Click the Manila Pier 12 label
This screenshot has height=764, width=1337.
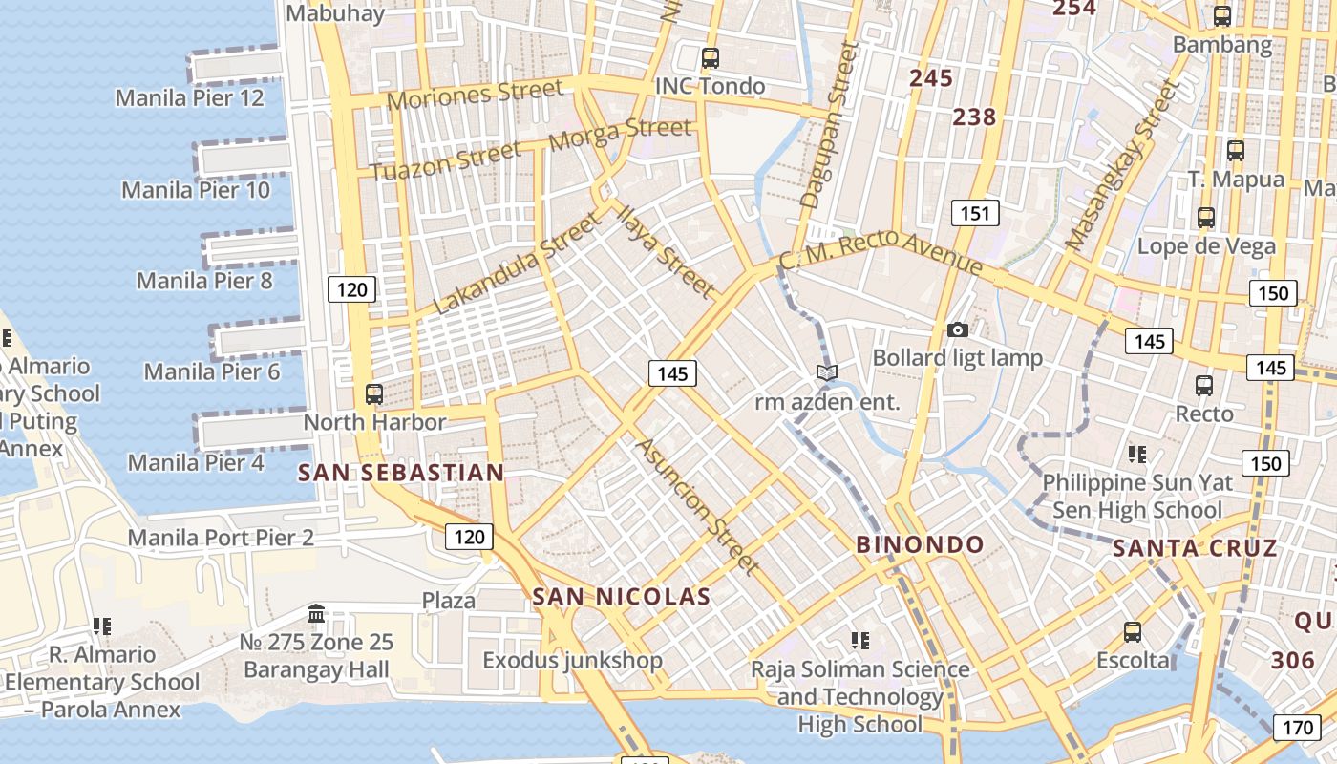(189, 97)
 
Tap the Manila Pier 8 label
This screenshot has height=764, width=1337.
(204, 281)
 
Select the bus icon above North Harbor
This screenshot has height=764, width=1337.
(374, 393)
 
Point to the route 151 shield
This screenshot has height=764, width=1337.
(974, 213)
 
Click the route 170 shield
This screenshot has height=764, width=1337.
(1297, 728)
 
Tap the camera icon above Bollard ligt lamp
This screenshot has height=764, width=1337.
(957, 329)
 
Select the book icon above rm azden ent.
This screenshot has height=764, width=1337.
(827, 373)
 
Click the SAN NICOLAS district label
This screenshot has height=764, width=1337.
(621, 598)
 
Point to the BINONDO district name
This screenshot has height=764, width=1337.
(920, 545)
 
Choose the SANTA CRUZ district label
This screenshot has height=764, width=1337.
(1195, 548)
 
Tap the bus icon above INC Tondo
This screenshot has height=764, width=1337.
(710, 57)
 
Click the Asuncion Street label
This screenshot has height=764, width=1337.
(697, 506)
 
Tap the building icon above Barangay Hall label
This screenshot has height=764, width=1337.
(316, 613)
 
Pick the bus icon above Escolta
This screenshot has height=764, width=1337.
(1132, 631)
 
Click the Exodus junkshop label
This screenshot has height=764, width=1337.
(572, 660)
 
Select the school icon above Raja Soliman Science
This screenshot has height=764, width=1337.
(859, 639)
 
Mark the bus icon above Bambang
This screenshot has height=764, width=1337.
(1221, 16)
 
